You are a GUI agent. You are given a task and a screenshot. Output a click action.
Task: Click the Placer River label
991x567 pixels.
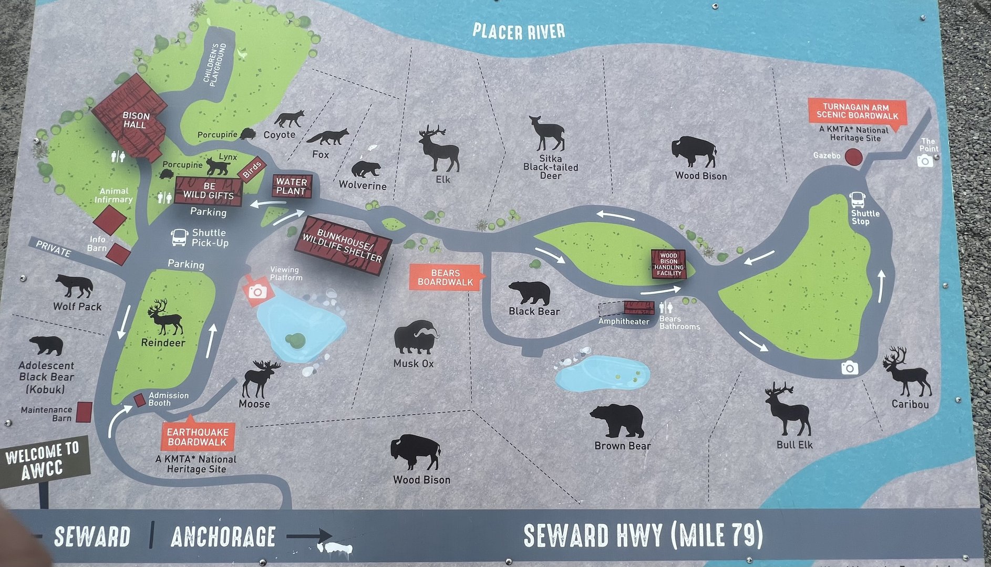point(519,31)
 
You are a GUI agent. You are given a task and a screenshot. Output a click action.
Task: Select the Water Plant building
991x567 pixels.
point(292,186)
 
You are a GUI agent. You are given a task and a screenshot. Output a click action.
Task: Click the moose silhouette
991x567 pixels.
point(259,378)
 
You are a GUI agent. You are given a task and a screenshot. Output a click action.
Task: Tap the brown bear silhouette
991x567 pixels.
point(619,421)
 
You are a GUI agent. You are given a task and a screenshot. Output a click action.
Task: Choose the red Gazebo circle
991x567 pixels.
point(853,157)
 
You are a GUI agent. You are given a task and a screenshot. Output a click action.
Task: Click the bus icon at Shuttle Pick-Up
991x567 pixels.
point(179,237)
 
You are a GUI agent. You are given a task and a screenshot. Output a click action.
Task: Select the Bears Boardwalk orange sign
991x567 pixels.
point(446,277)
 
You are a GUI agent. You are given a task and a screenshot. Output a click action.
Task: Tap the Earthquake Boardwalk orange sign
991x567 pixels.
point(198,436)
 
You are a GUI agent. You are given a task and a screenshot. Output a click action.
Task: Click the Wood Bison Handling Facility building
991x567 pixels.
point(668,264)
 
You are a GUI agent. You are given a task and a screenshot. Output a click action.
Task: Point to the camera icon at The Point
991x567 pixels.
point(925,161)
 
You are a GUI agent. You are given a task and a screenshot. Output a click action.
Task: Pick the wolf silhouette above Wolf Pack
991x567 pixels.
point(74,286)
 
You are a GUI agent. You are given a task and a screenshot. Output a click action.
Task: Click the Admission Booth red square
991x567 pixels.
point(139,400)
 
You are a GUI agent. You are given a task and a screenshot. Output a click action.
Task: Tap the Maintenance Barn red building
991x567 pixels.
point(84,412)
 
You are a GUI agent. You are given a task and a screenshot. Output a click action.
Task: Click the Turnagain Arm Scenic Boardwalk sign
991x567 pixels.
point(857,111)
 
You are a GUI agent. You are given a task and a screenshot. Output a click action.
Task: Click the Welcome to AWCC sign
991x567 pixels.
point(43,460)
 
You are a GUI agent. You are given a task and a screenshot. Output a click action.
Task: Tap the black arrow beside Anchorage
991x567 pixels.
point(308,536)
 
